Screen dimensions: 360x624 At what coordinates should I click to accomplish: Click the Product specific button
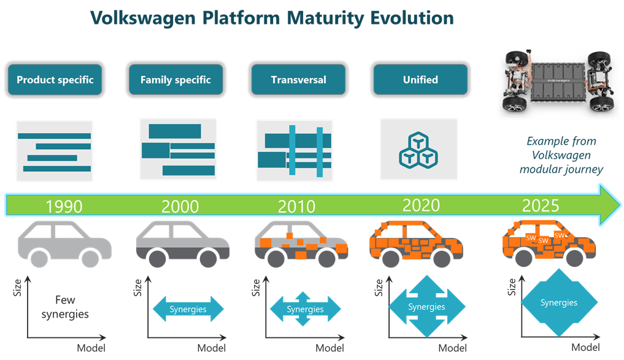tap(55, 80)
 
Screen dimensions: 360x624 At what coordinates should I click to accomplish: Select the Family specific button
tap(175, 80)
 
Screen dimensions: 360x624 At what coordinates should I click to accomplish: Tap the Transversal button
tap(298, 80)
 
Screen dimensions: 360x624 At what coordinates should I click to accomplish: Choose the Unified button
tap(420, 80)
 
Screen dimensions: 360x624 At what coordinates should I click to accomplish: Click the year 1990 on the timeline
tap(64, 206)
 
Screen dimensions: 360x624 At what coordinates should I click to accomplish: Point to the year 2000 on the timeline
tap(180, 206)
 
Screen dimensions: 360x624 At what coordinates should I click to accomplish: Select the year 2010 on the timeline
tap(297, 206)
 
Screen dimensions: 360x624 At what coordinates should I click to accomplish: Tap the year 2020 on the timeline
tap(421, 204)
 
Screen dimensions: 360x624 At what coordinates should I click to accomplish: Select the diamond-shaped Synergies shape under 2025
tap(558, 303)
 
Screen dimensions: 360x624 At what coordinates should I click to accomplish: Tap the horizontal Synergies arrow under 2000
tap(188, 309)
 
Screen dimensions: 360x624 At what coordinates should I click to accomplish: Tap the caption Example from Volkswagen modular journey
tap(561, 155)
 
